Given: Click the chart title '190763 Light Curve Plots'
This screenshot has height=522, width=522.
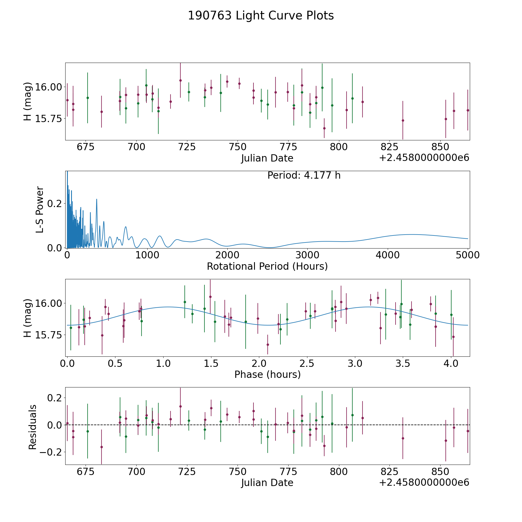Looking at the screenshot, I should click(x=261, y=16).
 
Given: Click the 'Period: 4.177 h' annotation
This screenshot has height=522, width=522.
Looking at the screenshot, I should click(x=304, y=175).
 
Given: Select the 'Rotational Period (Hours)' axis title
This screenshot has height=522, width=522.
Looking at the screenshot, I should click(x=267, y=266).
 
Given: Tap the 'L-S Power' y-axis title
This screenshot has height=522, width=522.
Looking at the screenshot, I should click(x=40, y=210).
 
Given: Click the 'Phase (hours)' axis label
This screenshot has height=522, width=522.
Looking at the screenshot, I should click(x=267, y=374).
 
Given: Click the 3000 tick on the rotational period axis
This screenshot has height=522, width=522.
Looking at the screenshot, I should click(x=307, y=255).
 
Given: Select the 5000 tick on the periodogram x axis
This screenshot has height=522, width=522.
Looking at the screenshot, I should click(x=467, y=255).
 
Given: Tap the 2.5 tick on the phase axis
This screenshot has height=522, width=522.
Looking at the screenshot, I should click(x=307, y=363).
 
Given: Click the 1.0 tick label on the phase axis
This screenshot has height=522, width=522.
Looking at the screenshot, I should click(x=163, y=363).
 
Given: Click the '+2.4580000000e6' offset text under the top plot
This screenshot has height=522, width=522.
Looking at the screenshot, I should click(x=424, y=158).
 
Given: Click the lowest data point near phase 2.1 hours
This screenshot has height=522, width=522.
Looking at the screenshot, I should click(x=268, y=345).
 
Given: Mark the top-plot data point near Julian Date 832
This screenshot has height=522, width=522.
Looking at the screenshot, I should click(x=403, y=120).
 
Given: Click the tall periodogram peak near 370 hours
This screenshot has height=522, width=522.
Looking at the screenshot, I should click(x=97, y=199).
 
